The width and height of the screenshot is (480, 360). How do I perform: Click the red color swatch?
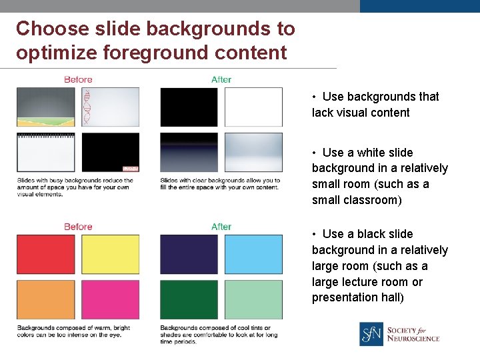pos(45,254)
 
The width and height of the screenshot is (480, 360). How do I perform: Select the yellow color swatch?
pos(111,254)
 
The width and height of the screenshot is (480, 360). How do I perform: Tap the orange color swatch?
pos(45,299)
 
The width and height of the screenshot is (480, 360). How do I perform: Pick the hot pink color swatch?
pos(111,299)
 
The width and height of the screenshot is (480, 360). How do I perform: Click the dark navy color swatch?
pos(189,254)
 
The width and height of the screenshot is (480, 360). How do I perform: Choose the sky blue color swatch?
pos(253,254)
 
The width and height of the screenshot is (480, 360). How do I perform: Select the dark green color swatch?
pos(189,299)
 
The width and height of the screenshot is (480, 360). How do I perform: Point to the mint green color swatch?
pos(253,299)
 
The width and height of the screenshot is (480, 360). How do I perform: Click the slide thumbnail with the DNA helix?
pos(111,107)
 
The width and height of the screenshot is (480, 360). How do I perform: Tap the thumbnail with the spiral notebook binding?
pos(45,153)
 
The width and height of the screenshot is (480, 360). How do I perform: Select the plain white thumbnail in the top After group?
pos(253,107)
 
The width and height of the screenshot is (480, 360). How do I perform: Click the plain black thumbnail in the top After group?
pos(189,107)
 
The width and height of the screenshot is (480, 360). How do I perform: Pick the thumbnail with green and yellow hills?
pos(45,107)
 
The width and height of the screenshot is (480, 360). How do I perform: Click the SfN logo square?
pos(371,334)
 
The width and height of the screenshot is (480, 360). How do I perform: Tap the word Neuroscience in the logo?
pos(413,339)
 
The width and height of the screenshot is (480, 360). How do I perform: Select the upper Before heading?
pos(78,79)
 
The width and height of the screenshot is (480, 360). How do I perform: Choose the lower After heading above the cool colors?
pos(221,227)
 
